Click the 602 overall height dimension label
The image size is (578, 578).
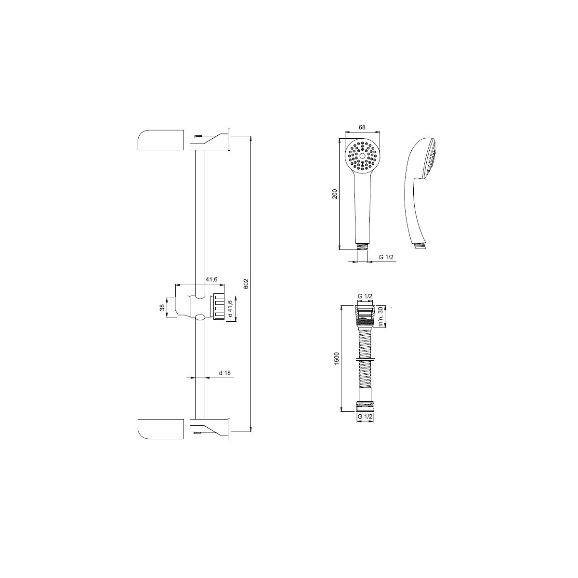pyautogui.click(x=246, y=284)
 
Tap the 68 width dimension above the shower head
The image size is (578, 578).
pyautogui.click(x=362, y=127)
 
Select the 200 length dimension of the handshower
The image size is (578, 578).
pyautogui.click(x=335, y=194)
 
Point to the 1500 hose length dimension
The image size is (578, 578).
pyautogui.click(x=336, y=358)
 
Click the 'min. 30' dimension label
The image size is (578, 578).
pyautogui.click(x=381, y=316)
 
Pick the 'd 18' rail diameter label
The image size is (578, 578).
pyautogui.click(x=224, y=373)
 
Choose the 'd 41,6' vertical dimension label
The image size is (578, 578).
pyautogui.click(x=230, y=309)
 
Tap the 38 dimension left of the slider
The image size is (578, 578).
pyautogui.click(x=162, y=307)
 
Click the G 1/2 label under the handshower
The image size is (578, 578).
pyautogui.click(x=386, y=257)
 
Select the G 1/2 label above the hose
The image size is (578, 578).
pyautogui.click(x=365, y=296)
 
